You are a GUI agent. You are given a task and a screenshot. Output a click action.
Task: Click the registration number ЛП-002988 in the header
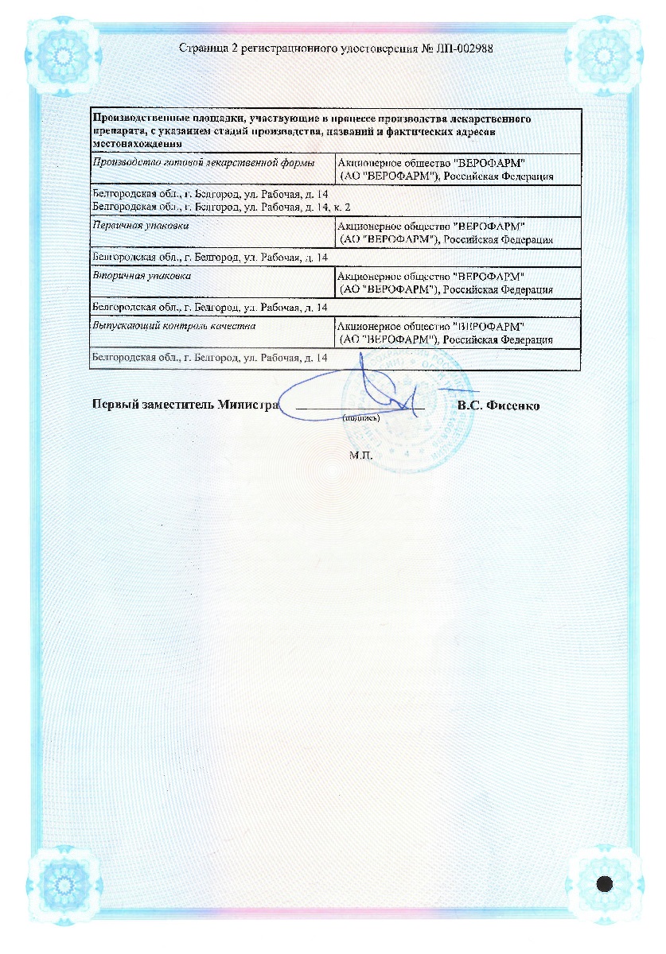(466, 48)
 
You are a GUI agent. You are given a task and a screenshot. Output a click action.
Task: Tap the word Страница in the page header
(204, 48)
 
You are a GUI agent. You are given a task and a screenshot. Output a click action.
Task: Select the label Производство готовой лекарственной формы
(204, 162)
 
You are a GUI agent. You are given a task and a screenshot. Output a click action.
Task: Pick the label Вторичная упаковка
(130, 275)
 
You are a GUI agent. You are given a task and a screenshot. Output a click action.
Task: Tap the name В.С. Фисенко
(498, 405)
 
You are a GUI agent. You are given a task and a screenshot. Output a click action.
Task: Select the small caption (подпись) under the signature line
(360, 417)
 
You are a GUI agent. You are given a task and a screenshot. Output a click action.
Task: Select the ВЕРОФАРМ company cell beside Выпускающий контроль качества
(446, 332)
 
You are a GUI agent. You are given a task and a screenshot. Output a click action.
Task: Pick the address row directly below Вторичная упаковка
(210, 307)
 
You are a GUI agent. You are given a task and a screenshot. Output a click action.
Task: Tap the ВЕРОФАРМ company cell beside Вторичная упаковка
(446, 282)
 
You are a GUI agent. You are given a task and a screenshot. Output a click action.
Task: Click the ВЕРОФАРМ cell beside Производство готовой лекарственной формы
(446, 169)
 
